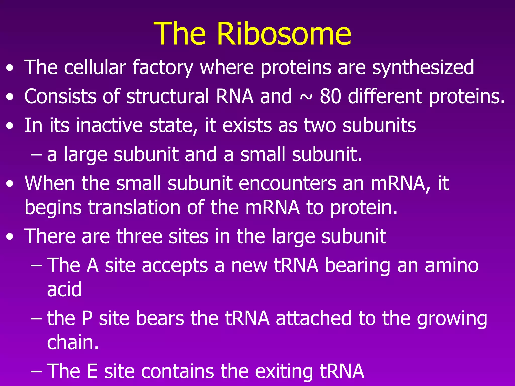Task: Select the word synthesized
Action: pos(423,67)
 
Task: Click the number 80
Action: pos(330,96)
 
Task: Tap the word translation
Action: pos(134,208)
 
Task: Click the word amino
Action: pos(452,265)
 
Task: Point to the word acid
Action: pos(64,289)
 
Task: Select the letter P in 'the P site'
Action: pos(87,318)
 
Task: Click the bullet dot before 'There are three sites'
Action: pos(10,237)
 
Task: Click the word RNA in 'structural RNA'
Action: pos(235,96)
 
